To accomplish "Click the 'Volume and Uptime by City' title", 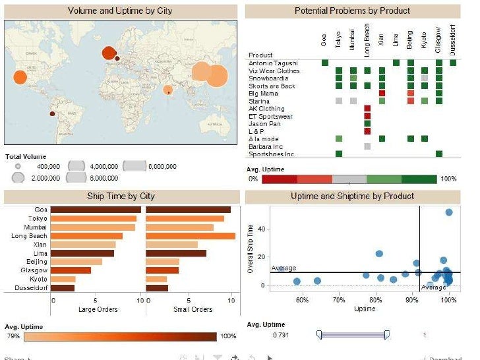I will [x=120, y=11].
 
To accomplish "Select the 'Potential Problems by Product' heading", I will [x=352, y=11].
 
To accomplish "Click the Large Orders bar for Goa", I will [x=95, y=210].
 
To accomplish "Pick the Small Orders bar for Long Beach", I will [x=190, y=236].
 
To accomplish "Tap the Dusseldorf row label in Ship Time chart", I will [x=29, y=287].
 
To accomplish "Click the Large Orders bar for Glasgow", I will [x=71, y=270].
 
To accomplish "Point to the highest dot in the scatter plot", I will [x=448, y=212].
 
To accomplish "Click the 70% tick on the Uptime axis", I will [x=339, y=301].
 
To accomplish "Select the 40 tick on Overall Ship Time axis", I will [x=260, y=229].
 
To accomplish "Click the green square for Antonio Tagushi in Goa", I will [x=324, y=63].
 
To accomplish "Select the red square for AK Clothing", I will [x=367, y=108].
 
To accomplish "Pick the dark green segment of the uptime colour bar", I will [x=419, y=179].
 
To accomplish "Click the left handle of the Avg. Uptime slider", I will [x=319, y=335].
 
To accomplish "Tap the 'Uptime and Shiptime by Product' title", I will [x=352, y=196].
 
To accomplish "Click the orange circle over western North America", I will [x=20, y=77].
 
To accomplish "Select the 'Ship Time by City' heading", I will [x=120, y=196].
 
